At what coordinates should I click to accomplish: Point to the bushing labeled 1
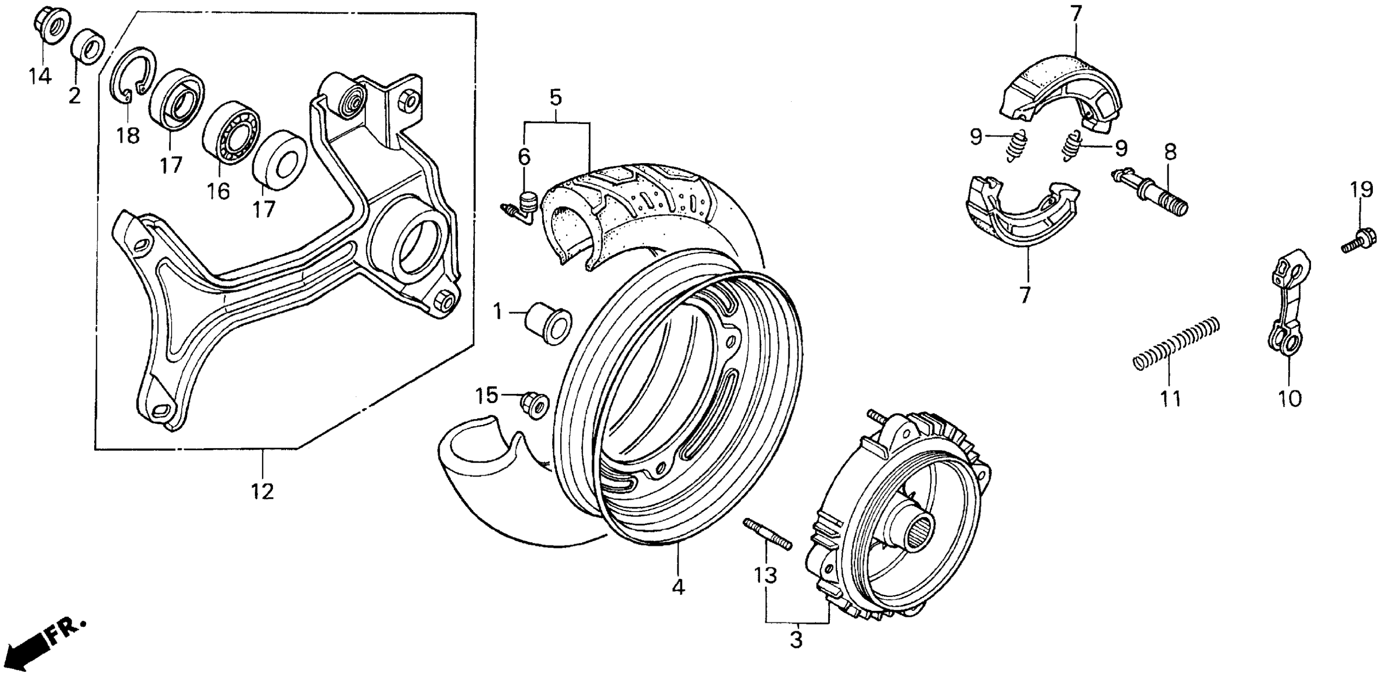point(548,322)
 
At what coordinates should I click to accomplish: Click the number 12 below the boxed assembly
point(262,491)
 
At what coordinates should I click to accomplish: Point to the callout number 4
point(678,587)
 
